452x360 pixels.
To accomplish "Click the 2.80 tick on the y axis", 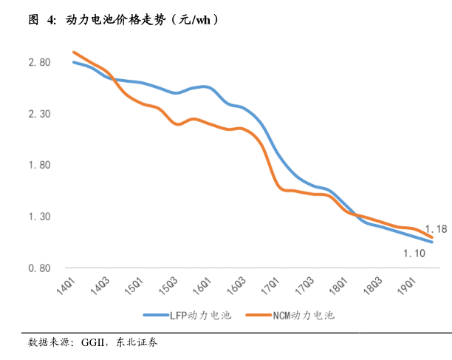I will click(x=39, y=62).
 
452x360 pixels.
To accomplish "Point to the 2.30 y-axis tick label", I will click(x=39, y=114).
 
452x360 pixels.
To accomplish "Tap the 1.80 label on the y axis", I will click(x=39, y=165).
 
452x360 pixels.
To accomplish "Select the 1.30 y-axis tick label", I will click(x=39, y=217).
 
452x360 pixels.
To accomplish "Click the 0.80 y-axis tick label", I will click(x=39, y=268).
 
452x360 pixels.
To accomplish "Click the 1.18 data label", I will click(x=436, y=228).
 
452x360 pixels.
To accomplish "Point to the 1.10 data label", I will click(x=414, y=254).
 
